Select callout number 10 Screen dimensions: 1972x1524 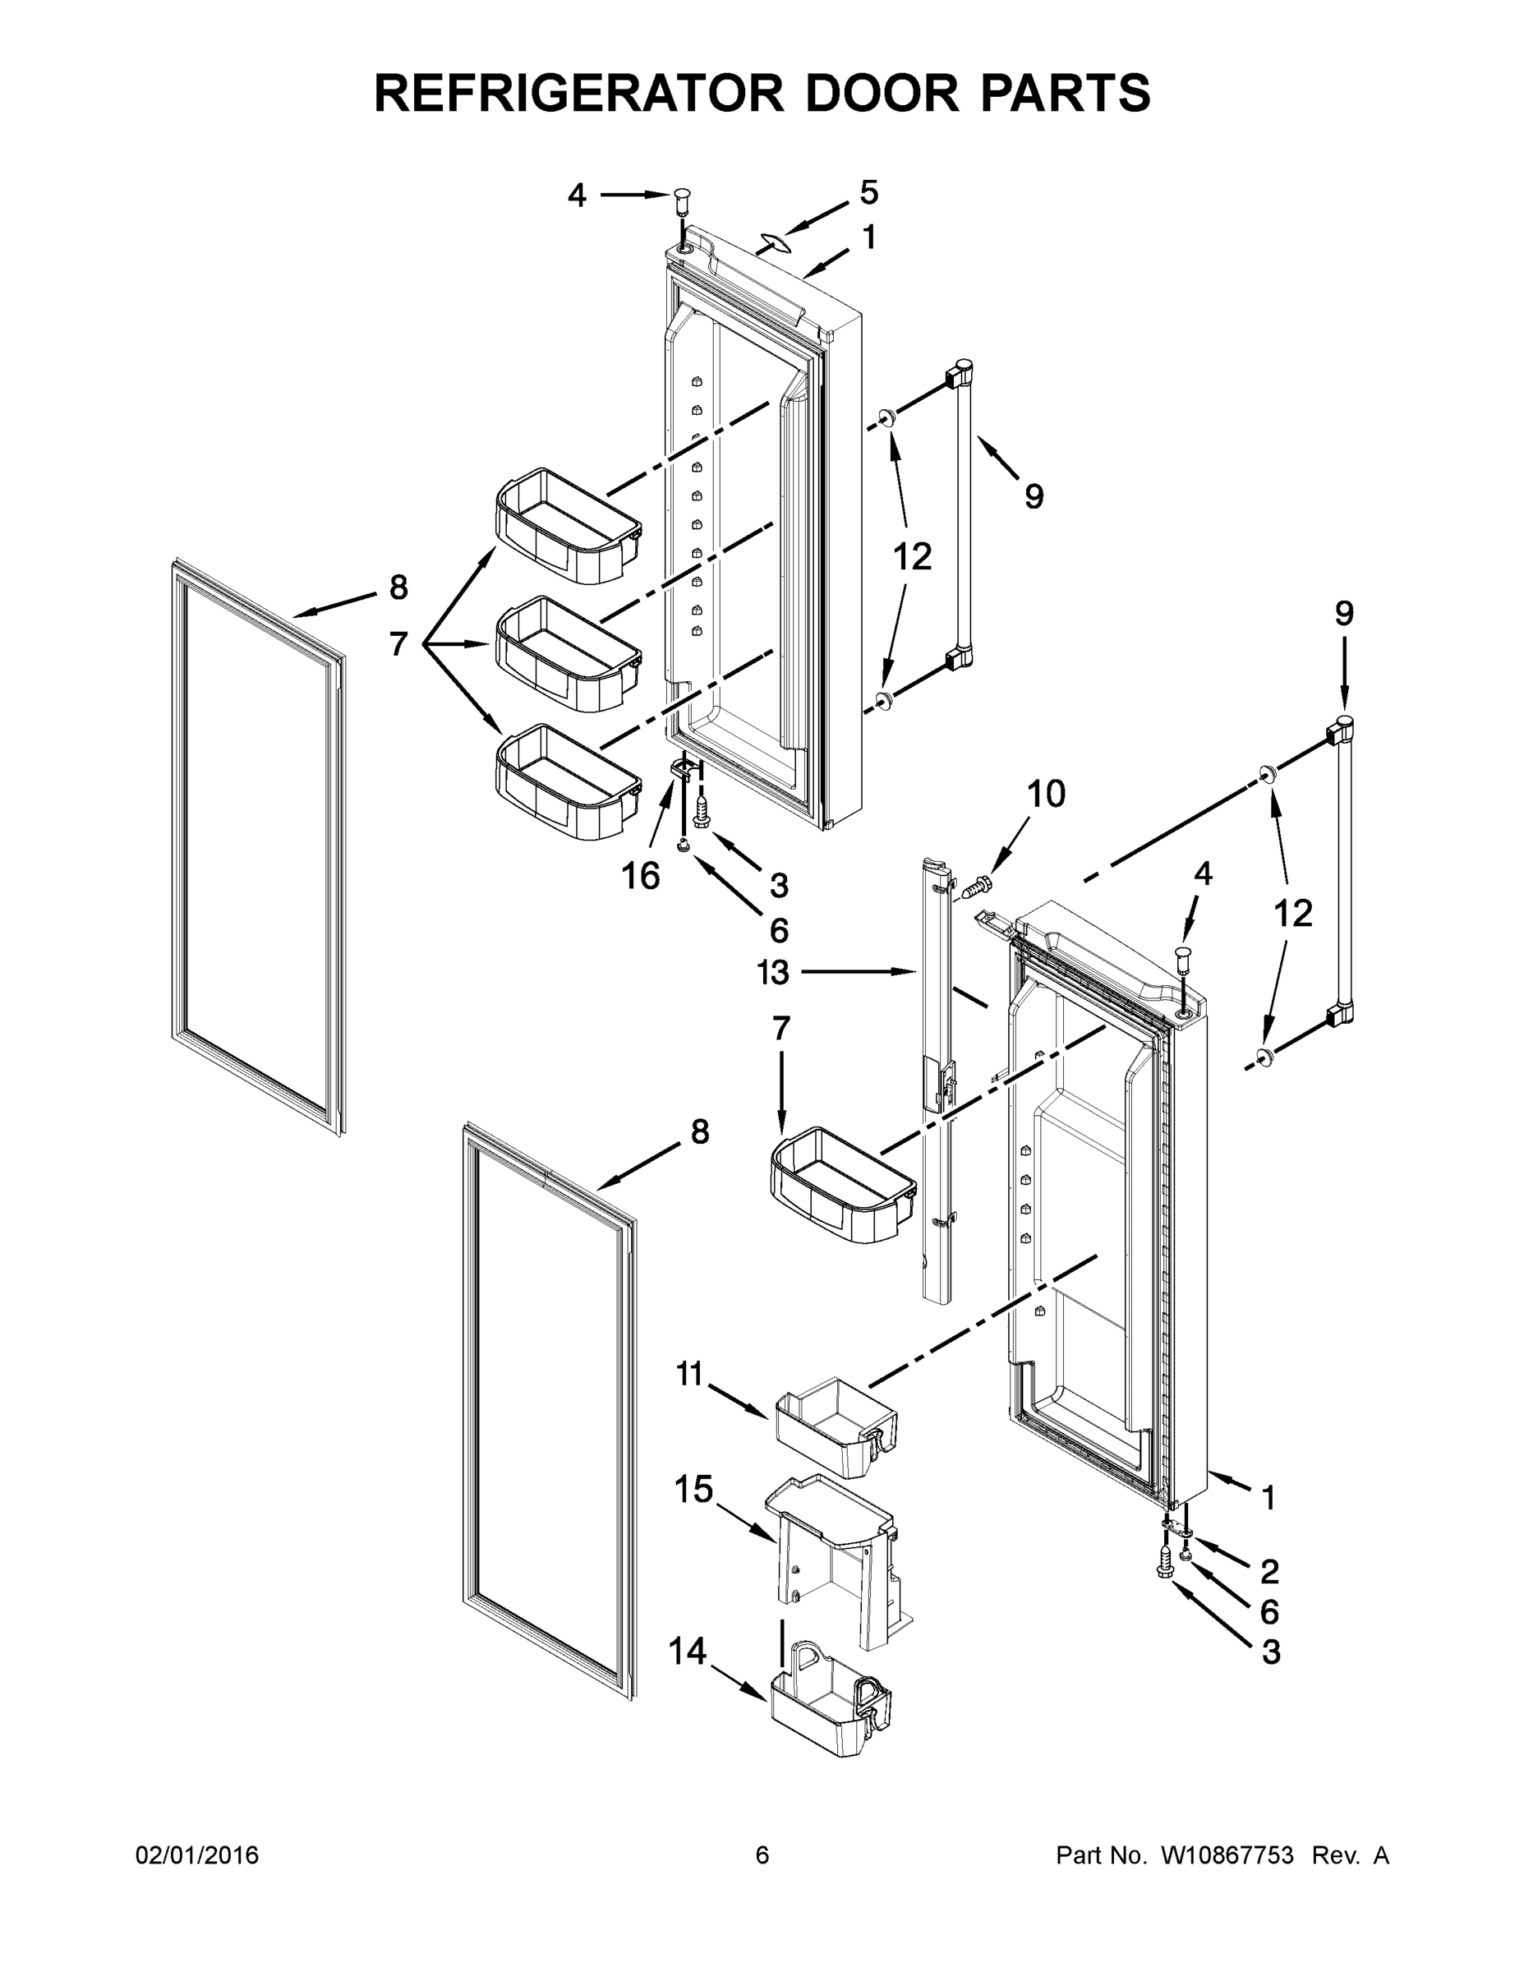[x=1046, y=794]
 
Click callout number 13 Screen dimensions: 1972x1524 [x=774, y=973]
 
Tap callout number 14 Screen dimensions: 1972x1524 [x=687, y=1652]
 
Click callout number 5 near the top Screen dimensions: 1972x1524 [x=868, y=192]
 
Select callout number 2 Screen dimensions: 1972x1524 [x=1269, y=1571]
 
